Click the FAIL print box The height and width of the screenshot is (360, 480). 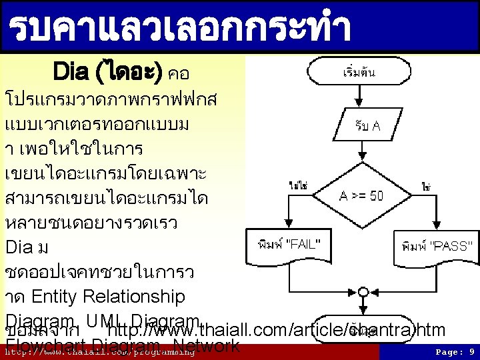click(288, 245)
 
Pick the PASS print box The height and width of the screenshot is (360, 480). click(437, 245)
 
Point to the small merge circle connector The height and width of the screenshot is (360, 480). click(363, 291)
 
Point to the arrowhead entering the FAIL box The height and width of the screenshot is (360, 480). click(287, 227)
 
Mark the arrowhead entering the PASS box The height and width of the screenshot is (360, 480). click(436, 227)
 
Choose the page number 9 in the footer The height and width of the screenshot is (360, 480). click(471, 351)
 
